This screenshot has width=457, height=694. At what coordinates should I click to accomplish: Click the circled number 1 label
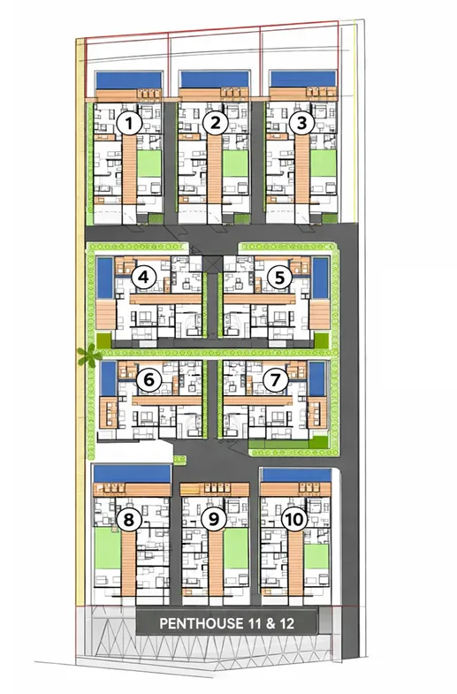tap(129, 124)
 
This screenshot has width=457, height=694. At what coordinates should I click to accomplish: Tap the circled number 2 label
tap(215, 123)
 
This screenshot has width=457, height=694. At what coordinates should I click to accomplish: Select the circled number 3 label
tap(301, 123)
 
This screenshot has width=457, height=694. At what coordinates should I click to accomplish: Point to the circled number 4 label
tap(143, 278)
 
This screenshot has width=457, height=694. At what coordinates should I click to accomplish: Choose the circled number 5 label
tap(279, 278)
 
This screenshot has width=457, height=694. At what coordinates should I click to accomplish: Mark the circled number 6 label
tap(149, 380)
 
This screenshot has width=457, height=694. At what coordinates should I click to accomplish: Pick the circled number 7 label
tap(275, 380)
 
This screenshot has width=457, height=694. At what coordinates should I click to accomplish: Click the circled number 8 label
tap(129, 519)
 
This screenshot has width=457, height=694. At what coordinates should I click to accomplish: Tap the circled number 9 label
tap(214, 519)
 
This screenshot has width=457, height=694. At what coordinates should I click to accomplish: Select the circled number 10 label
tap(294, 519)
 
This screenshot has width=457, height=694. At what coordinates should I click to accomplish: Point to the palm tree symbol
tap(88, 355)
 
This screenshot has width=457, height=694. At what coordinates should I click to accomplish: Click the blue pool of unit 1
tap(129, 80)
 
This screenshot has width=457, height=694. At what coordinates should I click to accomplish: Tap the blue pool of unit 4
tap(105, 278)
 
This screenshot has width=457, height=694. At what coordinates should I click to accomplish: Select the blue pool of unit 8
tap(132, 473)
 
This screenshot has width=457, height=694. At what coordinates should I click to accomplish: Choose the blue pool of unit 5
tap(320, 278)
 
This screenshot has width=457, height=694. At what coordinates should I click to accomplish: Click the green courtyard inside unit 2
tap(235, 164)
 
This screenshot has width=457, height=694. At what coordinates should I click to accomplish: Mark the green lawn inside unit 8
tap(108, 548)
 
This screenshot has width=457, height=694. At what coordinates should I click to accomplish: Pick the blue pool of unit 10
tap(296, 475)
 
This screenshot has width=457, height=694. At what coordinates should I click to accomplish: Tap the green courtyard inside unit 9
tap(236, 548)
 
